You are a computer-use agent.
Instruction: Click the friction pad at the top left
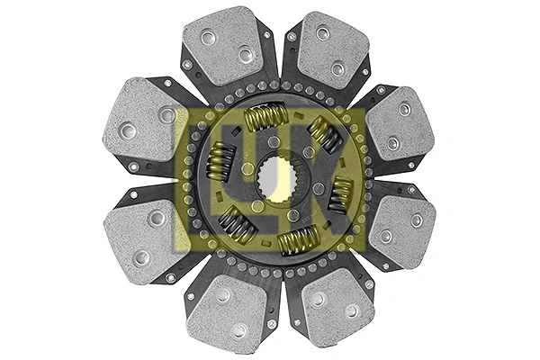tap(226, 45)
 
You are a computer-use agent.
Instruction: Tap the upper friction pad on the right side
tap(400, 124)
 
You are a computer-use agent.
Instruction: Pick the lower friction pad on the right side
tap(400, 229)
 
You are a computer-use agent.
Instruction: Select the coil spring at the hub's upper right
tap(325, 135)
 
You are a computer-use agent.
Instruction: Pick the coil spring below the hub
tap(298, 239)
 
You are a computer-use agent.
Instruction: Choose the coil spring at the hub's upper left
tap(221, 163)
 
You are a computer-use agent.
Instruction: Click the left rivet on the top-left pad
tap(208, 37)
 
